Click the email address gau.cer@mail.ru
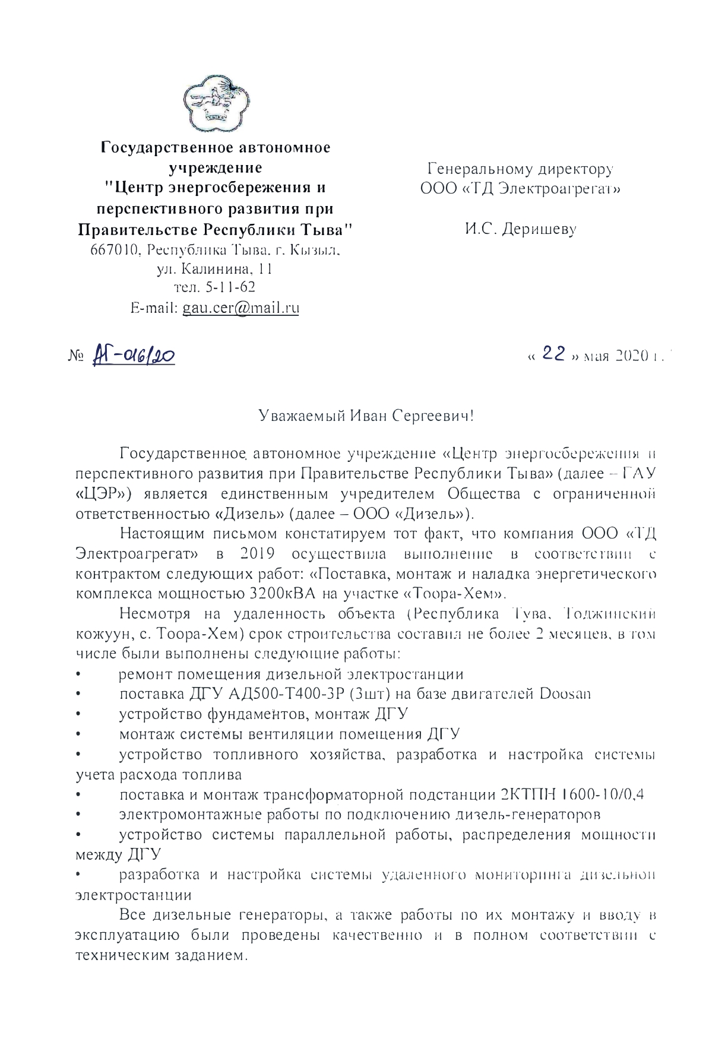(x=241, y=308)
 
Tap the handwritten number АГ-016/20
(x=134, y=357)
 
